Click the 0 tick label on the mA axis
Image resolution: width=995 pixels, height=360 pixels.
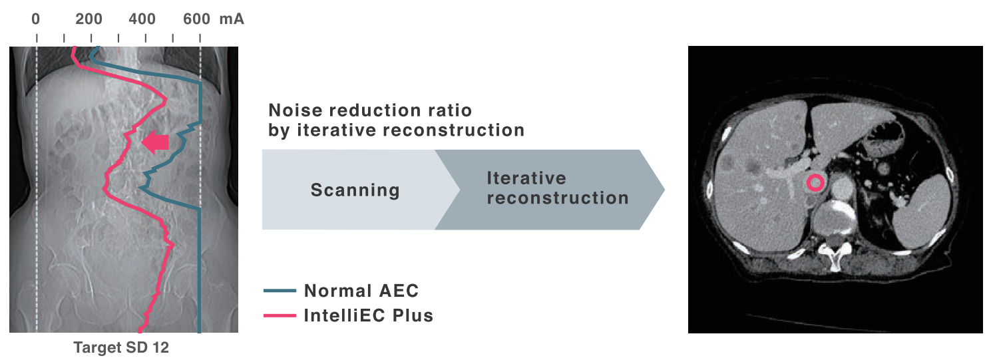[35, 19]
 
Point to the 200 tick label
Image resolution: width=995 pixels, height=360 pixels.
[89, 19]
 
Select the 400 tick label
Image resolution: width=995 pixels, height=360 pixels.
[142, 19]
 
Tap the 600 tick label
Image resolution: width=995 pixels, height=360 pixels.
[197, 19]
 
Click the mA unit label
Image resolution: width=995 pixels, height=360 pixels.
[232, 19]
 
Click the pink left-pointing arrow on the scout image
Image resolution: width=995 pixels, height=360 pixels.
[155, 142]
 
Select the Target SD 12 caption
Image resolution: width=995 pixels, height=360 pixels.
[121, 347]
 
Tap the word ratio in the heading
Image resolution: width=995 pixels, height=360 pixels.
[451, 110]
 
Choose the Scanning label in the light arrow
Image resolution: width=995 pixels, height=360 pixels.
[355, 190]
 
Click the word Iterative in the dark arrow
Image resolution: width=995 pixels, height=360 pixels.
[527, 178]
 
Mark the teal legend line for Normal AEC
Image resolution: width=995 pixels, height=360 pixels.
[280, 291]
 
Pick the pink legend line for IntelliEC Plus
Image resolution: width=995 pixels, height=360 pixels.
[280, 315]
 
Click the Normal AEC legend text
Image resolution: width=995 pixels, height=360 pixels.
[361, 291]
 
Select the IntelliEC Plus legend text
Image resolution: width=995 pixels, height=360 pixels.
[369, 315]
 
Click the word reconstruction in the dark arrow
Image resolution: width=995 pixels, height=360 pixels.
[558, 198]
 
